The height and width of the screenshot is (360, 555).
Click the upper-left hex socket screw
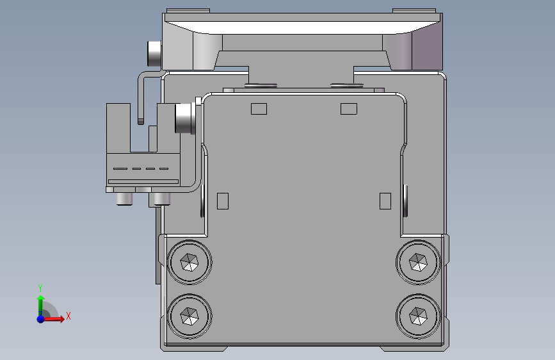(189, 263)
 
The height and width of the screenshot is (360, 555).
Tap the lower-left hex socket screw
(189, 316)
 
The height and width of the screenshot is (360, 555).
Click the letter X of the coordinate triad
(68, 316)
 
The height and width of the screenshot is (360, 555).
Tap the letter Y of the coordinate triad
(40, 288)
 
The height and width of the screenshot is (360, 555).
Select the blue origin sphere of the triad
(40, 318)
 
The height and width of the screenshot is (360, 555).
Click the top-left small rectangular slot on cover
(259, 108)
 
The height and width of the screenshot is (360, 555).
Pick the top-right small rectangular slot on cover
(348, 108)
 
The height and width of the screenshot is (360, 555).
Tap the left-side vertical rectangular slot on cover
(223, 200)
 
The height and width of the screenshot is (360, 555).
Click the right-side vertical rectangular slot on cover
(385, 200)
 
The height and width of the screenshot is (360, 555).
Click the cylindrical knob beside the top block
(155, 53)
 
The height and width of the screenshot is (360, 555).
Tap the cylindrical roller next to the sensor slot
(184, 118)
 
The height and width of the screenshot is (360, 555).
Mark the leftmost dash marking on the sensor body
(120, 168)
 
